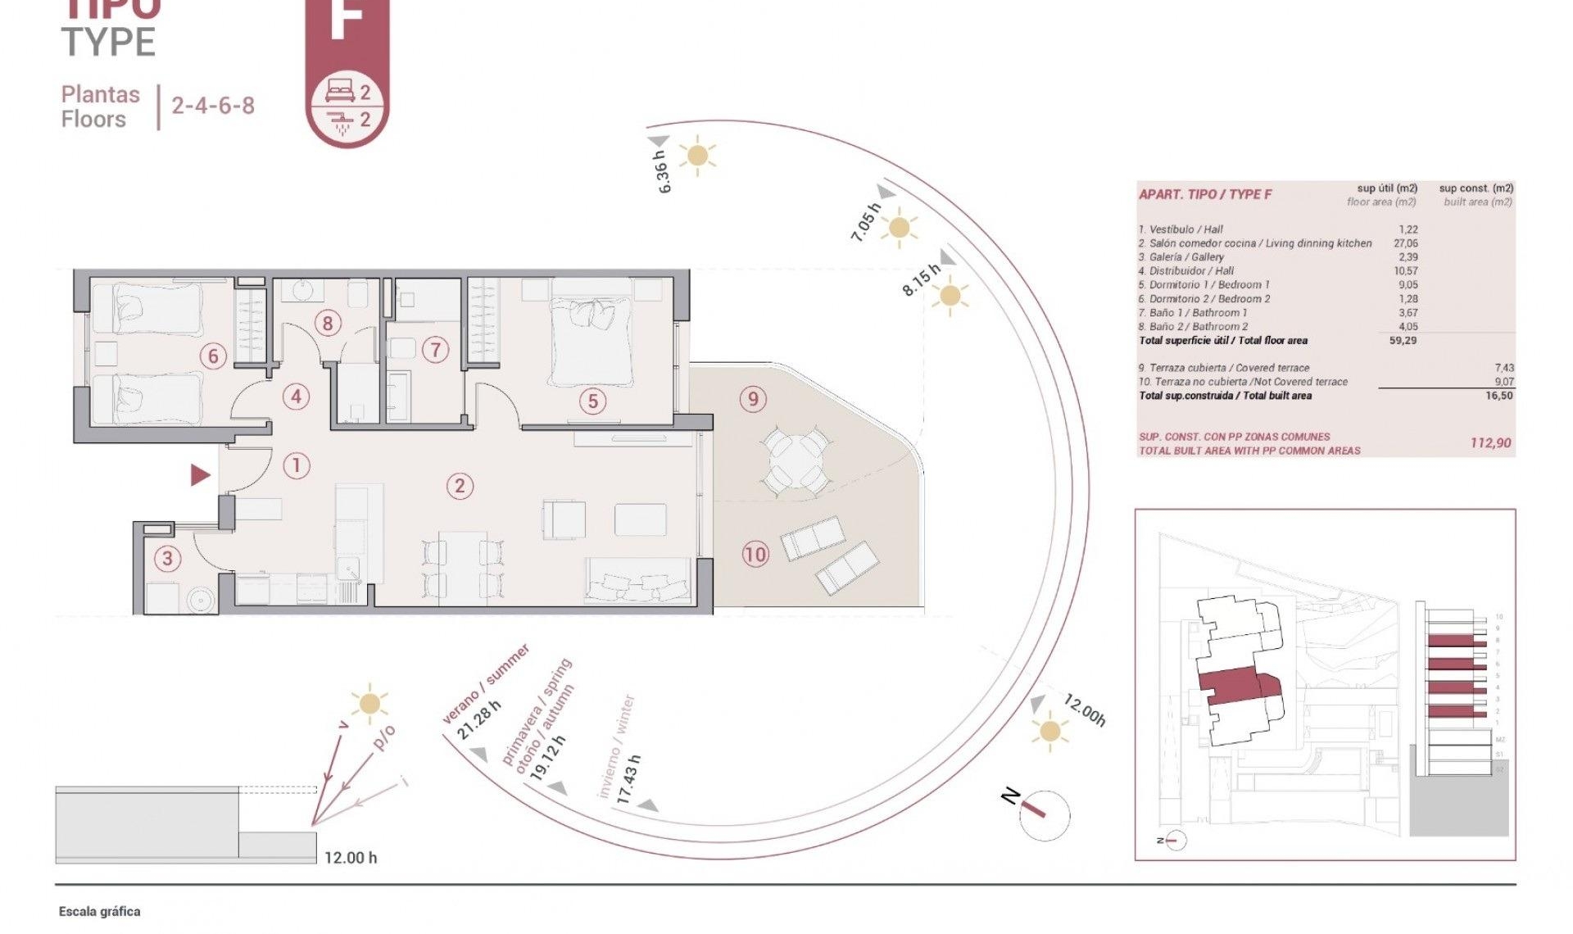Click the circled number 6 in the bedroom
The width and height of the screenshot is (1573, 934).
click(x=213, y=356)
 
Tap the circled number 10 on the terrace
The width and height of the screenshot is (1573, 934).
click(x=755, y=555)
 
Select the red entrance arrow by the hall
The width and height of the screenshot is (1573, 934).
click(x=200, y=474)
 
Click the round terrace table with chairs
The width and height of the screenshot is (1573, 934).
click(x=796, y=463)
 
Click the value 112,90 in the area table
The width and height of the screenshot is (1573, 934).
click(x=1490, y=443)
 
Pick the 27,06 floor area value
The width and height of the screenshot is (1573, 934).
click(x=1405, y=243)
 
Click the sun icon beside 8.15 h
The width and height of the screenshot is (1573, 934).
click(x=950, y=296)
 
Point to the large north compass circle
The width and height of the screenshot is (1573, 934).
click(x=1045, y=815)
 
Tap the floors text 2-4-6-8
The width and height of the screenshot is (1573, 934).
click(x=213, y=106)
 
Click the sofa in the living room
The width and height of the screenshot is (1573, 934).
click(x=638, y=581)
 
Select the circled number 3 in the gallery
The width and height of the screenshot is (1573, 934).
click(x=167, y=559)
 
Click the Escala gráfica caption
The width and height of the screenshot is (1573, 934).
click(x=99, y=911)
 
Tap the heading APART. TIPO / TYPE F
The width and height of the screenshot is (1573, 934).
click(x=1205, y=194)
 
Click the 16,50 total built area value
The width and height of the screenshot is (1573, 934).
click(x=1499, y=396)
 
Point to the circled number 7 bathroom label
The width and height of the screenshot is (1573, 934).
click(x=436, y=351)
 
